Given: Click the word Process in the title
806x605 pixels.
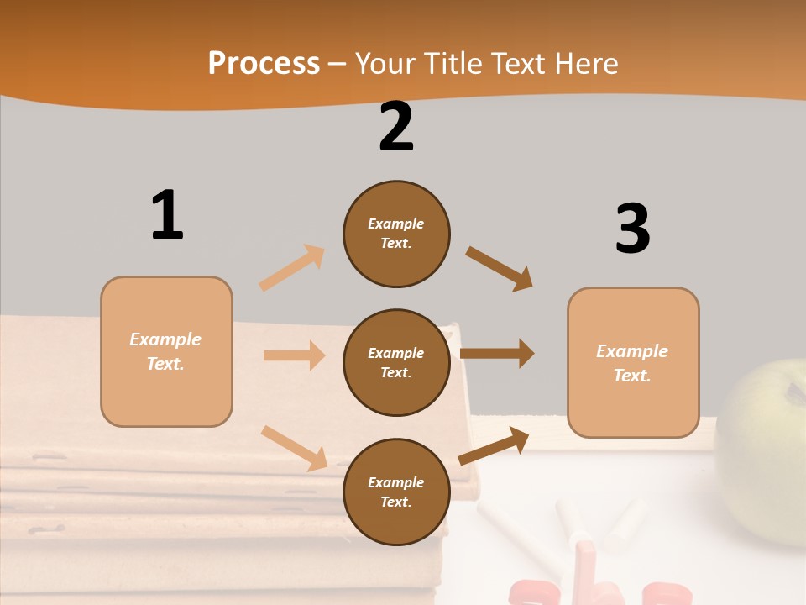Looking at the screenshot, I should [x=264, y=64].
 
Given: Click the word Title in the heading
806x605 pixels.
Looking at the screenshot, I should [x=451, y=64].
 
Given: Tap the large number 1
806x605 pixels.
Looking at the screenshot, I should [x=167, y=215].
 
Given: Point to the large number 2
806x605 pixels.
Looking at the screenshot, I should [x=396, y=127].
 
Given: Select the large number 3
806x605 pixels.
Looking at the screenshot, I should [x=632, y=229].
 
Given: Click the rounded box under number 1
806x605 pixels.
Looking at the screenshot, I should [x=166, y=351].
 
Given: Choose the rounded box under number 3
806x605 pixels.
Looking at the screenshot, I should [x=633, y=363].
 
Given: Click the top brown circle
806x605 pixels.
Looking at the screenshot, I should [x=396, y=234].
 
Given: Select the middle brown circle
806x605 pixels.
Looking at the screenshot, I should [x=396, y=363].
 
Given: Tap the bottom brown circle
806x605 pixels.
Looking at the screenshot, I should [x=396, y=492].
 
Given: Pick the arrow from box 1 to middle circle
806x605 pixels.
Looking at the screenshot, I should [x=294, y=355].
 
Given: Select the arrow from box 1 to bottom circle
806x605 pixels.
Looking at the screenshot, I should [x=295, y=448].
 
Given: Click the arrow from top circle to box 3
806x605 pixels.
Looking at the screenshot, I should [x=500, y=269].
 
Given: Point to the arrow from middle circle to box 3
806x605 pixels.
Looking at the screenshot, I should [x=497, y=353].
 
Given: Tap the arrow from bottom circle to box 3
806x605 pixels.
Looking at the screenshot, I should [x=494, y=445].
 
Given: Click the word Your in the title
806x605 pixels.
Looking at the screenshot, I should [x=385, y=64].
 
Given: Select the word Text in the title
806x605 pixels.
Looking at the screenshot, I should [x=521, y=64].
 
